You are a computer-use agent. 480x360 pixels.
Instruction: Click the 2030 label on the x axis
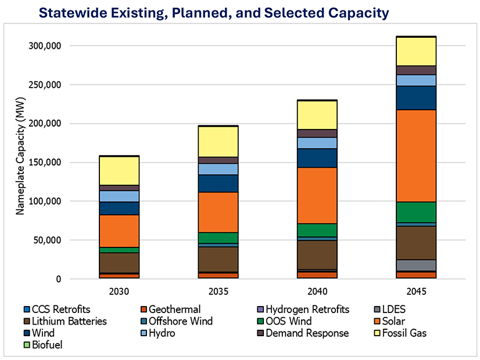click(x=119, y=290)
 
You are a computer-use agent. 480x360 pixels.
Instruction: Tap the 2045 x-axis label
click(x=416, y=290)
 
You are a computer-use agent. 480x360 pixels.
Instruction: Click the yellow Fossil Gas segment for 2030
click(x=119, y=171)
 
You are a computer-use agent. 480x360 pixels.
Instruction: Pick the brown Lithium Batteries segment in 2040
click(x=317, y=254)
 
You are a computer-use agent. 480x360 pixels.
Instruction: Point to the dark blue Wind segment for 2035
click(x=218, y=183)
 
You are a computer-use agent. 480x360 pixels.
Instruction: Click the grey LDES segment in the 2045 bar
click(x=416, y=265)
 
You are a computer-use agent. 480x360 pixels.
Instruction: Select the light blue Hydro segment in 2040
click(x=317, y=143)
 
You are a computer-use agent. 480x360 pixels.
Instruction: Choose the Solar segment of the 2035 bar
click(x=218, y=212)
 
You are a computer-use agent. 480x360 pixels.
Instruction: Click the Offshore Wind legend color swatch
click(x=145, y=321)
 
